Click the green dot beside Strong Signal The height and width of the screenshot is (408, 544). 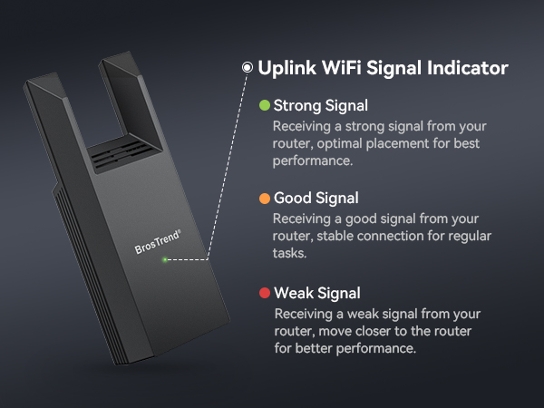click(265, 106)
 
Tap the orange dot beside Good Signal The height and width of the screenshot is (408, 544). click(265, 199)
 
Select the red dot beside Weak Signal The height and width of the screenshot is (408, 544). click(265, 293)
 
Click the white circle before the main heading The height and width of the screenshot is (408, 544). click(247, 68)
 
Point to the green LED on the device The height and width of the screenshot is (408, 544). click(164, 261)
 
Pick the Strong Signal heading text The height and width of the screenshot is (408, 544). click(316, 106)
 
